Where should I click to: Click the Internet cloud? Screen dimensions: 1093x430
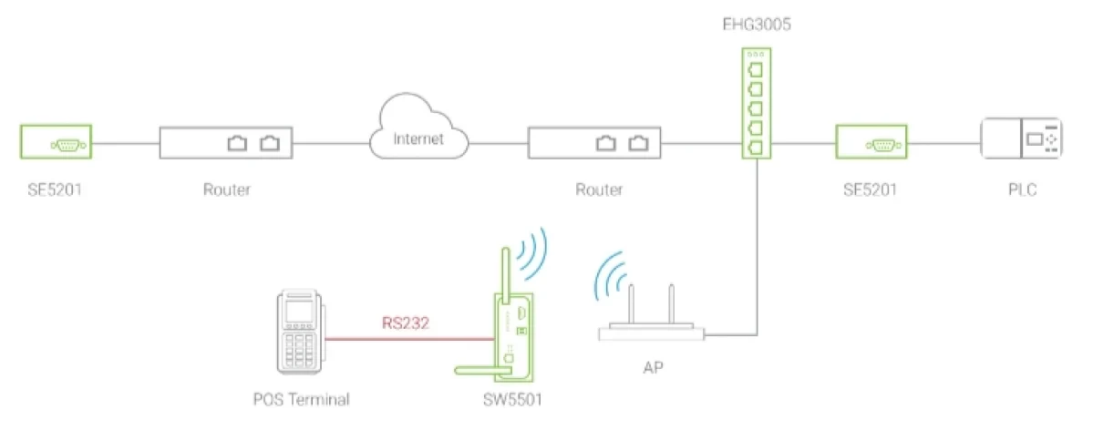[x=418, y=132]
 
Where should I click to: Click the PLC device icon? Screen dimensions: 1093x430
[x=1020, y=139]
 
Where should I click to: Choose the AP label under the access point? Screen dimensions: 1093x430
[x=653, y=367]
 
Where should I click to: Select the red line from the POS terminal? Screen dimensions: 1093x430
[x=410, y=340]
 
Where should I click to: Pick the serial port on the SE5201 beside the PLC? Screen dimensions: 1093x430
[x=883, y=145]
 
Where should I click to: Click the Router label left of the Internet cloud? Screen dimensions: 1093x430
[x=227, y=189]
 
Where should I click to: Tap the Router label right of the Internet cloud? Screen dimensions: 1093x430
[x=599, y=189]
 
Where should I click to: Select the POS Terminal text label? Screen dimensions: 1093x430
[x=301, y=400]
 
